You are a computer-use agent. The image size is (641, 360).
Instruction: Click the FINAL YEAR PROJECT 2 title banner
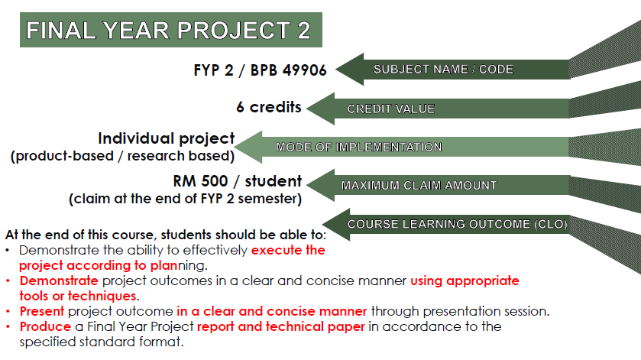point(168,31)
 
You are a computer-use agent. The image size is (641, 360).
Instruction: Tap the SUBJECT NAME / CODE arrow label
point(443,70)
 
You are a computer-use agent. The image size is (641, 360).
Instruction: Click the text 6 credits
point(268,107)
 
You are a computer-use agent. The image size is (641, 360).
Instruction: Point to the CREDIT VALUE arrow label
point(390,109)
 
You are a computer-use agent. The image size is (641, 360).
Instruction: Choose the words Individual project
point(166,139)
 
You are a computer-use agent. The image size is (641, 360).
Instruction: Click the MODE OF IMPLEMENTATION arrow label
point(358,148)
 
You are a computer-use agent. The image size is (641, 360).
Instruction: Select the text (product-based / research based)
point(121,157)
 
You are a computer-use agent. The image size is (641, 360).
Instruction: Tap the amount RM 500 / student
point(238,182)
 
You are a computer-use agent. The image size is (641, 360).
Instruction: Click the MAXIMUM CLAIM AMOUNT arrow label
point(419,185)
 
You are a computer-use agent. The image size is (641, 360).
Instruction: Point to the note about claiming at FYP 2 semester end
point(186,199)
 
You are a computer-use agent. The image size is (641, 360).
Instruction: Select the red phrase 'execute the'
point(288,250)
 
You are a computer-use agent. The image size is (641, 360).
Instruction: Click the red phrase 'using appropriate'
point(465,281)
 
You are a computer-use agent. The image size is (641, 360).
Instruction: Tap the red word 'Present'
point(42,311)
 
